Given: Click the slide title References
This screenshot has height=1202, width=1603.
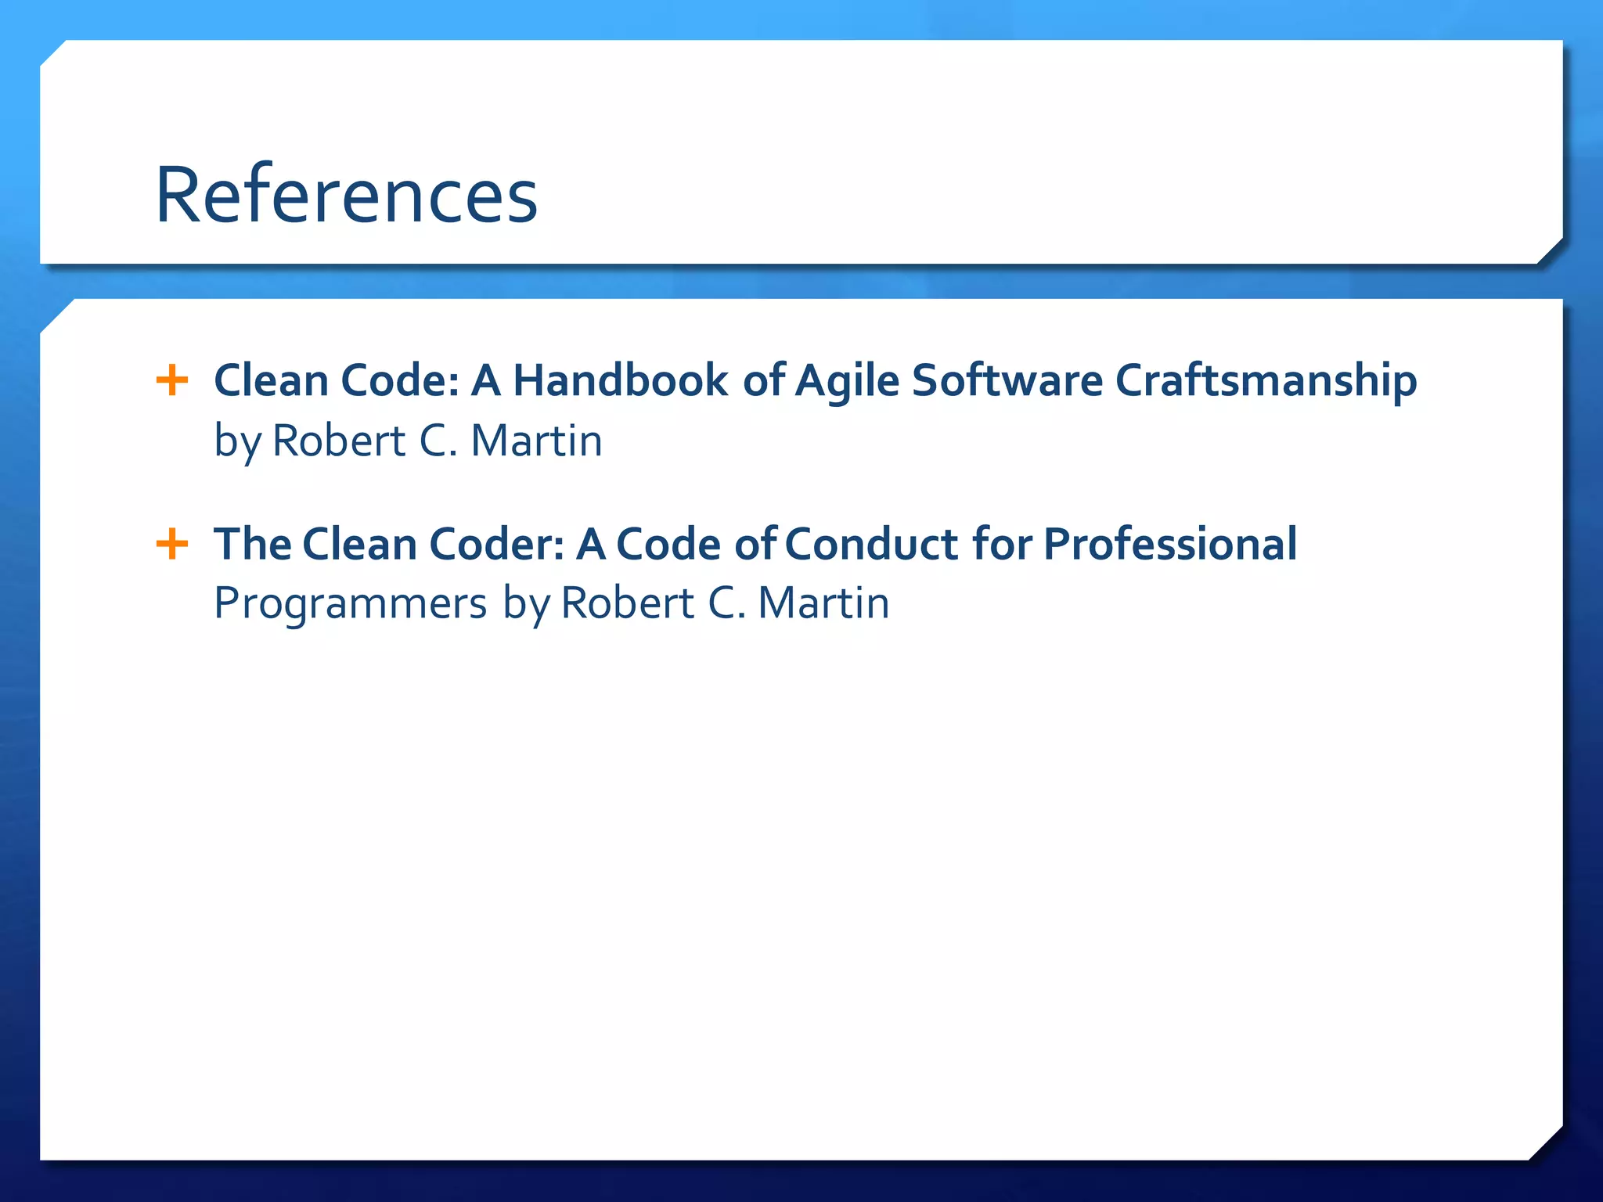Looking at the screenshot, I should click(x=346, y=195).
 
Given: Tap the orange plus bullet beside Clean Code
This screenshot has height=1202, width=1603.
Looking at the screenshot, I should click(x=172, y=381).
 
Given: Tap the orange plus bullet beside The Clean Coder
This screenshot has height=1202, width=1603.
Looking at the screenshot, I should click(x=172, y=544).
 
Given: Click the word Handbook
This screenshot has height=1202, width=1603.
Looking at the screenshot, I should click(x=620, y=381).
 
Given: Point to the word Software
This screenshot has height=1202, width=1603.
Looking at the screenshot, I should click(x=1007, y=381).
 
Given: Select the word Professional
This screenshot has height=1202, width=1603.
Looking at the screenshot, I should click(x=1170, y=544).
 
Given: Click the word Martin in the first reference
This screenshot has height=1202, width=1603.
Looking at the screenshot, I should click(x=536, y=441).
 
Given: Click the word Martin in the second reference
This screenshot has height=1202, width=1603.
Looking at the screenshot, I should click(x=823, y=603).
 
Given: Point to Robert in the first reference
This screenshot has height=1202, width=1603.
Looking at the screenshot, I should click(x=338, y=441).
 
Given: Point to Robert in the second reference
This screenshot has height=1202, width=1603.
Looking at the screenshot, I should click(x=627, y=603).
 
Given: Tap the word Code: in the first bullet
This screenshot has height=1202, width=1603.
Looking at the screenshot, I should click(x=400, y=381).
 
